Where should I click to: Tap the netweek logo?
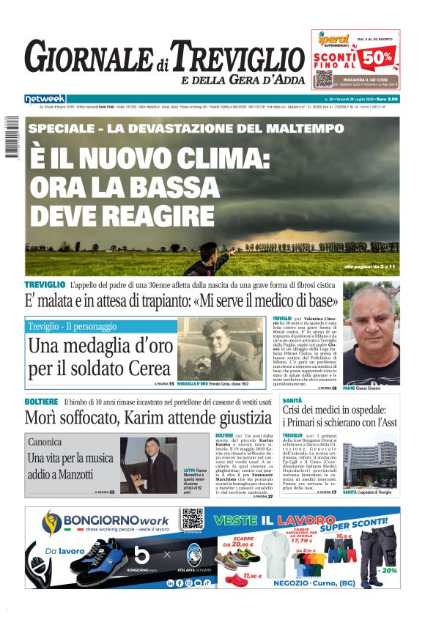(x=45, y=98)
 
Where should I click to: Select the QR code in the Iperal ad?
(x=323, y=78)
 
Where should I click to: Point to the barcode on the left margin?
(x=11, y=136)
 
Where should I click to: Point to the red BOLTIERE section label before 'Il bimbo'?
(x=41, y=402)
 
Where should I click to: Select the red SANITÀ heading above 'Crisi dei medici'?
(x=292, y=401)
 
